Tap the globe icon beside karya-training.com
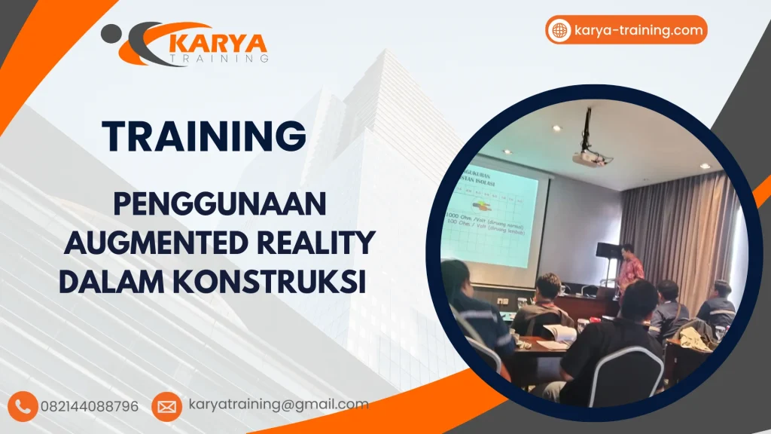pos(559,30)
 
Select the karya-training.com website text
pos(638,30)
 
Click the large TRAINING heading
pos(204,136)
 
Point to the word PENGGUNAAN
pos(218,205)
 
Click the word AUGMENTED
pos(146,243)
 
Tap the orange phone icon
pos(24,406)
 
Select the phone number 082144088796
pos(95,406)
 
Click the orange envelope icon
pos(166,407)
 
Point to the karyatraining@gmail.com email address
pos(279,405)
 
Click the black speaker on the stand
pos(608,251)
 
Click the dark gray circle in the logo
pos(110,32)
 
